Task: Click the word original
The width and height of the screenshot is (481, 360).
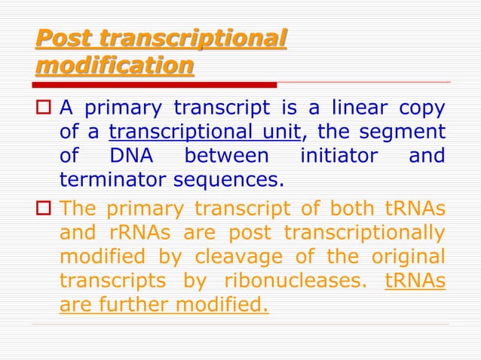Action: (407, 255)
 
